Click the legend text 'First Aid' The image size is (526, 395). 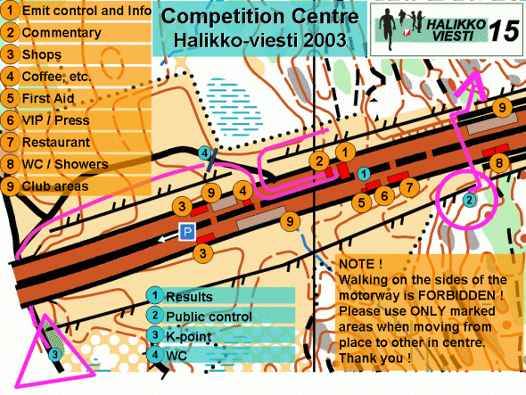[48, 98]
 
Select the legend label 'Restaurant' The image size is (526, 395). [56, 143]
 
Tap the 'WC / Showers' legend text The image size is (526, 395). [65, 164]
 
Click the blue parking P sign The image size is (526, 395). [187, 232]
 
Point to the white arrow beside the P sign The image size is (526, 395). [168, 237]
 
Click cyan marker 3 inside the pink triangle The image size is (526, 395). [54, 354]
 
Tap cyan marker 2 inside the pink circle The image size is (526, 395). [469, 201]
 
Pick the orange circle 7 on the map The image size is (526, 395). [409, 187]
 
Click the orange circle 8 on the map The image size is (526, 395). [499, 163]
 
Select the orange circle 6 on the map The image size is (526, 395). [384, 195]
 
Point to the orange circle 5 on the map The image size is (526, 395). [361, 202]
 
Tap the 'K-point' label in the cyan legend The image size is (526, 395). [188, 336]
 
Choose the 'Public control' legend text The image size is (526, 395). [209, 317]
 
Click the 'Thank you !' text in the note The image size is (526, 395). [374, 358]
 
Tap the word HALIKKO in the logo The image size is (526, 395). [456, 24]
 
